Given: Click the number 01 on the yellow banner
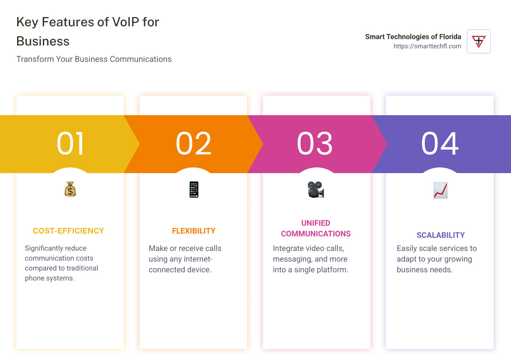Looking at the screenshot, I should tap(70, 144).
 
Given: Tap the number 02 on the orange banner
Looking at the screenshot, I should tap(193, 144).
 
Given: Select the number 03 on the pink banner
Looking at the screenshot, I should tap(315, 144).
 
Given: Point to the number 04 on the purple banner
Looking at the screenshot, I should tap(440, 144).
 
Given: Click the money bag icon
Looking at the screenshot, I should tap(70, 189).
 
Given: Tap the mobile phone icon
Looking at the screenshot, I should tap(194, 189).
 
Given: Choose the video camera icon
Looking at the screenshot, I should tap(315, 189).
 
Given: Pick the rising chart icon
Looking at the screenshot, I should tap(440, 190).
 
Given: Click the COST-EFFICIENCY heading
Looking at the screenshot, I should tap(68, 231).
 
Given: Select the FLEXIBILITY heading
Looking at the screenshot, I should tap(194, 231).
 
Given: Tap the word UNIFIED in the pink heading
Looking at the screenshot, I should tap(316, 223).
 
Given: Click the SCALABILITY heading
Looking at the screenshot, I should tap(440, 235).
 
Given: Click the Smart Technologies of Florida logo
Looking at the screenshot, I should tap(479, 42).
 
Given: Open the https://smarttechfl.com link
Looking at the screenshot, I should tap(427, 46).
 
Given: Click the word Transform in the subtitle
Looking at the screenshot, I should tap(35, 59).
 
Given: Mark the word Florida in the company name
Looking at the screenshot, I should tap(450, 37).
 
